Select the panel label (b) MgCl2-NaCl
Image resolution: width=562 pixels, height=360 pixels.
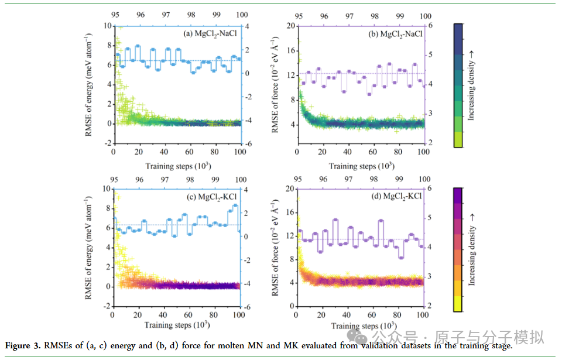(393, 34)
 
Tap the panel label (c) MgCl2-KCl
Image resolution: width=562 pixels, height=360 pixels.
(208, 197)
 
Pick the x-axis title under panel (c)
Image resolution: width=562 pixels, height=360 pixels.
(175, 325)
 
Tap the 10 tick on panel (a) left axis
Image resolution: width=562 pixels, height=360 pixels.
(107, 26)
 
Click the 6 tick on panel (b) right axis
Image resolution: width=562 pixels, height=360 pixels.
(429, 26)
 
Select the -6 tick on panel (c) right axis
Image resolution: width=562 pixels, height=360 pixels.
(248, 307)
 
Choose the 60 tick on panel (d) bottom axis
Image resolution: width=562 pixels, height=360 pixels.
(373, 316)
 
